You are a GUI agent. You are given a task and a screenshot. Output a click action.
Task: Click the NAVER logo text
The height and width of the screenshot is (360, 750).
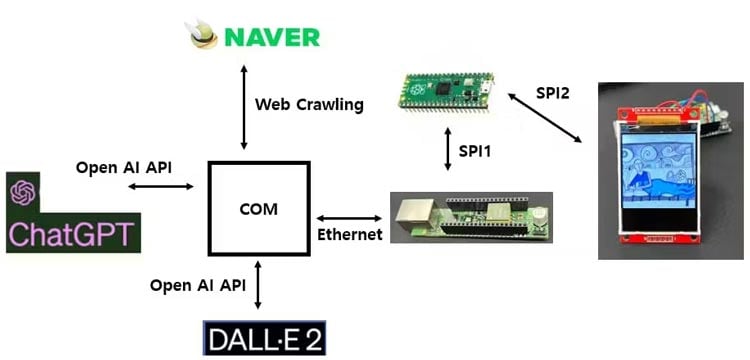(271, 37)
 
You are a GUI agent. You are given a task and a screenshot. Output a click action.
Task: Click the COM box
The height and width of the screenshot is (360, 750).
(258, 209)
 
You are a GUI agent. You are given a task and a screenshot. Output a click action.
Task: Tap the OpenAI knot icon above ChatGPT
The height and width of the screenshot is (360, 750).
(23, 191)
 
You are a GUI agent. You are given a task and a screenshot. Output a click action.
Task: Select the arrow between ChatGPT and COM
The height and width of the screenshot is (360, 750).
(171, 187)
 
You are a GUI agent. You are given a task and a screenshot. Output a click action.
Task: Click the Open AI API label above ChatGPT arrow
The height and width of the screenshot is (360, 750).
(124, 166)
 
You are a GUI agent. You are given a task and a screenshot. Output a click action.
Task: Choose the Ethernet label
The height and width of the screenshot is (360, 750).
(349, 235)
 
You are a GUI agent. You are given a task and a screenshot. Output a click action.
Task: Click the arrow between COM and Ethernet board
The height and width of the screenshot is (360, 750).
(350, 217)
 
